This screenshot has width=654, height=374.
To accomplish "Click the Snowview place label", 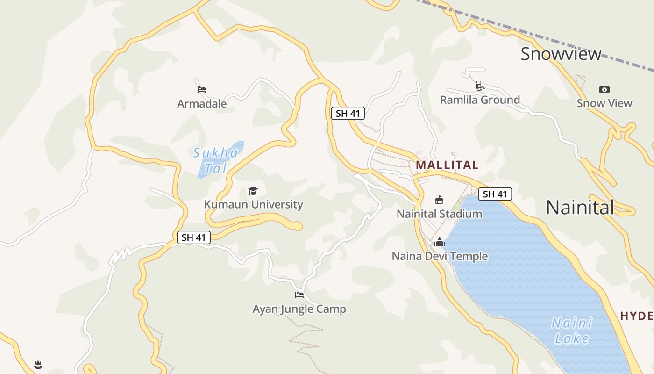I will (x=561, y=54).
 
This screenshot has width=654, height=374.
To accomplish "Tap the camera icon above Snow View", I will (x=604, y=89).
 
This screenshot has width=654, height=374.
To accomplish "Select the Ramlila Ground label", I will (x=480, y=100).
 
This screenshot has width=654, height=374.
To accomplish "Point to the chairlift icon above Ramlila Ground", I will (x=479, y=86).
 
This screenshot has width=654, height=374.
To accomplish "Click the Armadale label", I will (x=202, y=103).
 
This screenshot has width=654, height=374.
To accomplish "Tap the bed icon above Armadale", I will (x=202, y=89).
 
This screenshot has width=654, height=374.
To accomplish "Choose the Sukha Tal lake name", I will (x=216, y=160).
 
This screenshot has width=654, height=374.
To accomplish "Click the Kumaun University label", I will (x=253, y=204).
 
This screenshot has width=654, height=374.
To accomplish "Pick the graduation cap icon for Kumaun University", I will (x=253, y=191).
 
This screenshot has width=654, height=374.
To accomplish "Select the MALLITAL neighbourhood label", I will (x=447, y=165).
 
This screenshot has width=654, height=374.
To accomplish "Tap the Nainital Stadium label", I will (x=439, y=214).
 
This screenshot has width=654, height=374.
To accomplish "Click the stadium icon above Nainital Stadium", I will (x=439, y=200).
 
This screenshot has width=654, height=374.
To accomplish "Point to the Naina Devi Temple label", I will (x=440, y=256).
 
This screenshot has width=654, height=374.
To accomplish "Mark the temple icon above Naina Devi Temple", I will (x=439, y=242).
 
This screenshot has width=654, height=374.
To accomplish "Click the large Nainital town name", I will (x=580, y=207).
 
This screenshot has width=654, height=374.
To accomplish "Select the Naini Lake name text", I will (x=572, y=331).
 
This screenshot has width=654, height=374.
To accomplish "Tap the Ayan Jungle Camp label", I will (x=299, y=309).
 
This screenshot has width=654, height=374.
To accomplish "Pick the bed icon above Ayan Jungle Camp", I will (x=299, y=295).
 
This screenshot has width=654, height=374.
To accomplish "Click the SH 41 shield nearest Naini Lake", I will (x=495, y=194).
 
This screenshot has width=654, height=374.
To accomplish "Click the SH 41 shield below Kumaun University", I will (x=194, y=237).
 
